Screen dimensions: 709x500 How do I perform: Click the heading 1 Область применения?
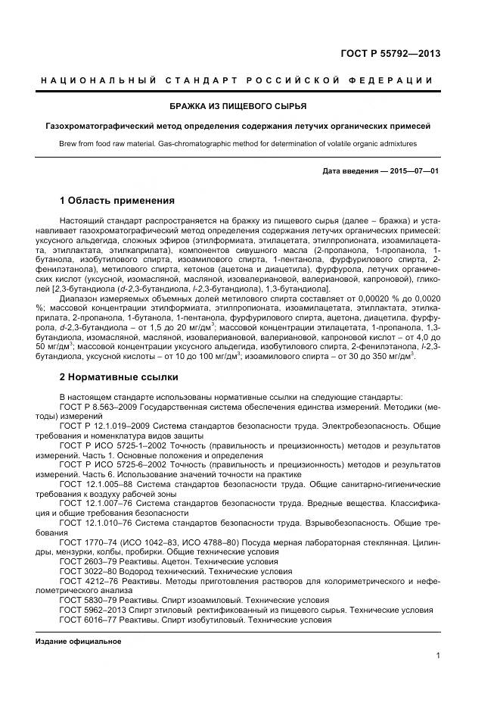(117, 201)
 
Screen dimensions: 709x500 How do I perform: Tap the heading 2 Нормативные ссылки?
(119, 376)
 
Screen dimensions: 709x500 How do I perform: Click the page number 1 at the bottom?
(438, 656)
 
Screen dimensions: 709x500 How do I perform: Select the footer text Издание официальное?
(79, 642)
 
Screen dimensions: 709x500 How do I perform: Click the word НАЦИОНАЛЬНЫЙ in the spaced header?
(98, 81)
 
